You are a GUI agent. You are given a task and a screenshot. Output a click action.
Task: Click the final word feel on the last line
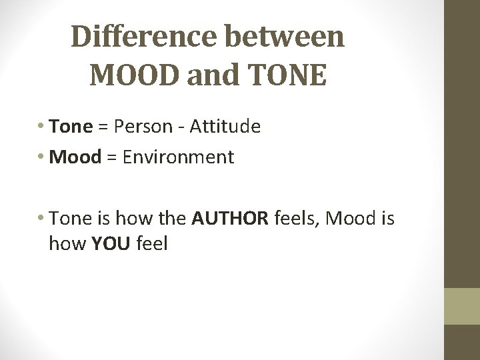pyautogui.click(x=152, y=245)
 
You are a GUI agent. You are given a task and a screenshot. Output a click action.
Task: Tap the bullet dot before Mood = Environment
pyautogui.click(x=43, y=159)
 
